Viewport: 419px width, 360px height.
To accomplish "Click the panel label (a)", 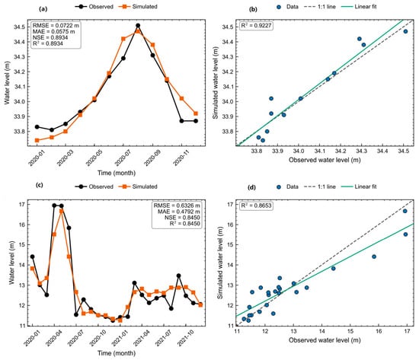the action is pyautogui.click(x=43, y=9).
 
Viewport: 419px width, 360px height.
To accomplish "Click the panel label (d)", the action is pyautogui.click(x=251, y=187).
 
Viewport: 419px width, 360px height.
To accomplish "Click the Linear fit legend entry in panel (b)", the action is pyautogui.click(x=359, y=7).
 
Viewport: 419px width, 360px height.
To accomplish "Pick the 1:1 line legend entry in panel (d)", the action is pyautogui.click(x=320, y=186).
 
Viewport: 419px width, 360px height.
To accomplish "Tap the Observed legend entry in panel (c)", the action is pyautogui.click(x=94, y=186).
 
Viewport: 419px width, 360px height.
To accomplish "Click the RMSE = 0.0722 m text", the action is pyautogui.click(x=56, y=26).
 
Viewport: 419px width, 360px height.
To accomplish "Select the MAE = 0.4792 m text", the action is pyautogui.click(x=178, y=212).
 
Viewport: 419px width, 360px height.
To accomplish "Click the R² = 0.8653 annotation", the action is pyautogui.click(x=256, y=205).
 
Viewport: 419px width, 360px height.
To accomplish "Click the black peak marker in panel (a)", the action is pyautogui.click(x=138, y=26).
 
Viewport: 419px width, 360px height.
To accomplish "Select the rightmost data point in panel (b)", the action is pyautogui.click(x=405, y=31).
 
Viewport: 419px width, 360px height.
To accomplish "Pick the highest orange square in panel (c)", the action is pyautogui.click(x=62, y=211).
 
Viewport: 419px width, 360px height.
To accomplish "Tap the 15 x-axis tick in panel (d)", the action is pyautogui.click(x=350, y=331).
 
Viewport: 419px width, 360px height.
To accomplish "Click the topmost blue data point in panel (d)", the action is pyautogui.click(x=405, y=211).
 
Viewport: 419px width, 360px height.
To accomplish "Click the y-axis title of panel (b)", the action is pyautogui.click(x=216, y=83).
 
